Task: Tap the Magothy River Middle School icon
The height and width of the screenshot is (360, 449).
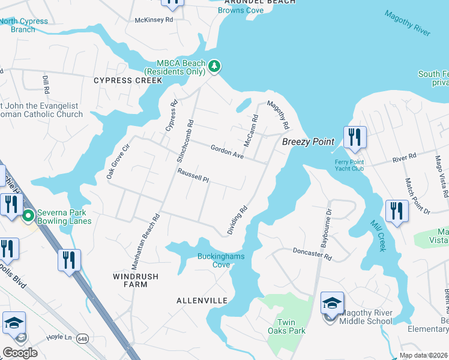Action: coord(332,304)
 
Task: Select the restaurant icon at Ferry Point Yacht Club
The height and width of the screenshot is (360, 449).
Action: coord(355,137)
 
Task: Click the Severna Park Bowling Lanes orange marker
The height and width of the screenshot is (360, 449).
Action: coord(28,217)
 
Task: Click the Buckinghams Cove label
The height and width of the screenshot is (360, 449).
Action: coord(221,260)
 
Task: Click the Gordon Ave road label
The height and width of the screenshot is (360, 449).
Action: coord(226,152)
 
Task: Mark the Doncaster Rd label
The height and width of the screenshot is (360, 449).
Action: coord(312,254)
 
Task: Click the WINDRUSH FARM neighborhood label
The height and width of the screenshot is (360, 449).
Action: coord(130,280)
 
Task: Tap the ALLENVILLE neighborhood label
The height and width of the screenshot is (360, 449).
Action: coord(202,300)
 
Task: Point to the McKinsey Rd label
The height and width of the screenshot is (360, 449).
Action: coord(154,20)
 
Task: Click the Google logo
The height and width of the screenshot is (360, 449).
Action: coord(20,352)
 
